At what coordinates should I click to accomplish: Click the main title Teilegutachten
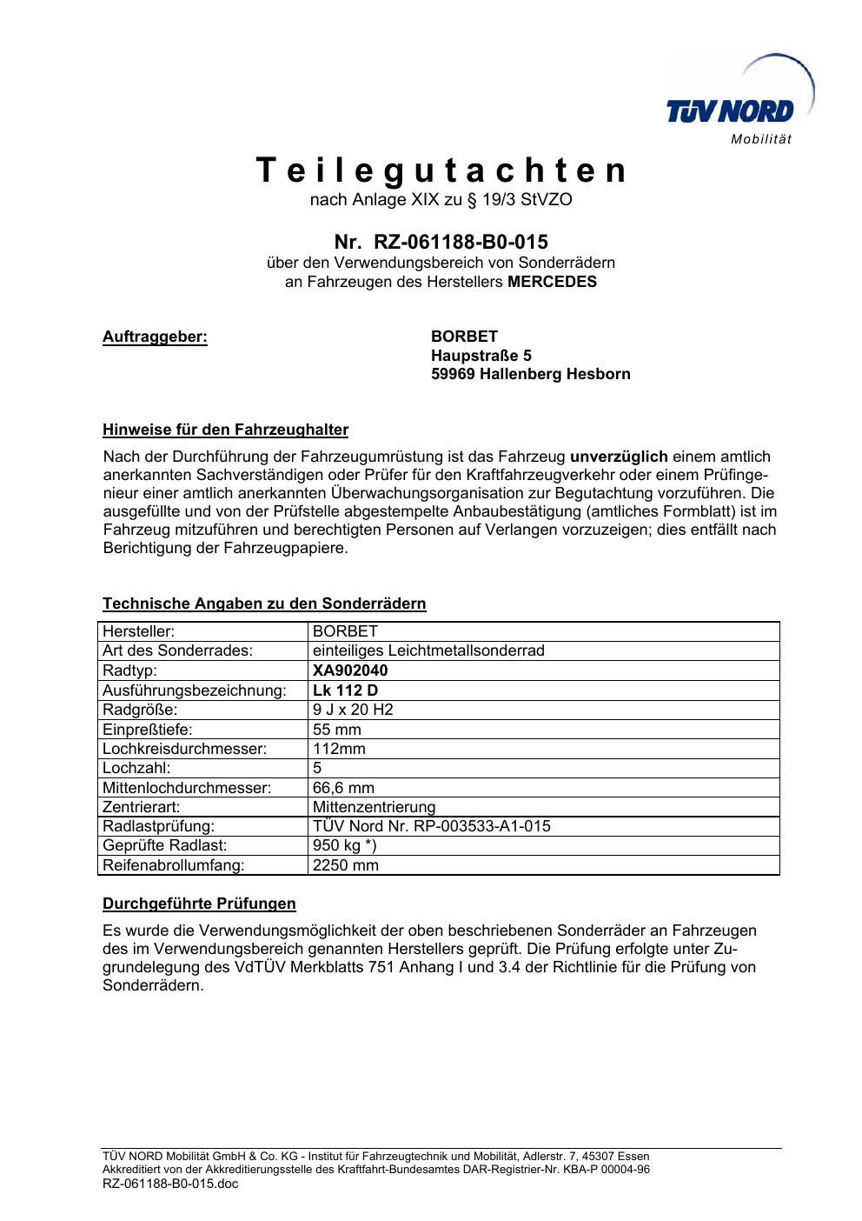pos(441,170)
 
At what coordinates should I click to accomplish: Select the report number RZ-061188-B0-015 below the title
pos(461,241)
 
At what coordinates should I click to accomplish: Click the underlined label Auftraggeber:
pos(156,337)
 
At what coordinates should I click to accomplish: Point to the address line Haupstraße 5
pos(481,356)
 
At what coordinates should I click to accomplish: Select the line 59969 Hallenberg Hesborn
pos(531,375)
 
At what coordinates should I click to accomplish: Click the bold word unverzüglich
pos(619,457)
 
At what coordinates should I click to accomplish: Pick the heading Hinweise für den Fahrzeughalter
pos(225,430)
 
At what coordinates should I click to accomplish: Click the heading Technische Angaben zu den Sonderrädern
pos(264,604)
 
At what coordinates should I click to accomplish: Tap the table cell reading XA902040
pos(350,671)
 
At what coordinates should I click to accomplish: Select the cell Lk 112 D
pos(345,691)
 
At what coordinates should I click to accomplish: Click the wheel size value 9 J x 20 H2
pos(353,710)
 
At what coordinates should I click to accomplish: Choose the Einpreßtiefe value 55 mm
pos(336,730)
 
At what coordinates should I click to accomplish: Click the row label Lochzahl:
pos(136,768)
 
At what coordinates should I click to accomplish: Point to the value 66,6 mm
pos(343,788)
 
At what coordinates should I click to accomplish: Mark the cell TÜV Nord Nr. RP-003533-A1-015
pos(431,826)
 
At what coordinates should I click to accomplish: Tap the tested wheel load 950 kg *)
pos(344,845)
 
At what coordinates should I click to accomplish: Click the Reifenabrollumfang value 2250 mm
pos(345,865)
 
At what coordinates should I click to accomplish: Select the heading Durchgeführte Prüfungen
pos(199,904)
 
